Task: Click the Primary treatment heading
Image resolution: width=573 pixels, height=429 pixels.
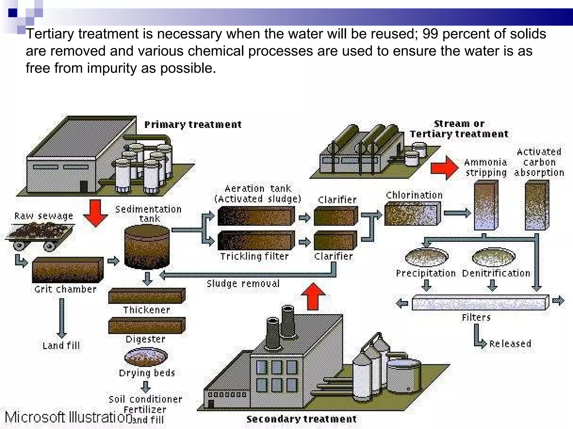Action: pos(193,125)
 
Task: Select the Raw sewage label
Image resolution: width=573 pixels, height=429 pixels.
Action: pos(44,216)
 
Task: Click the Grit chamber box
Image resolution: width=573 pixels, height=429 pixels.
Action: pos(67,270)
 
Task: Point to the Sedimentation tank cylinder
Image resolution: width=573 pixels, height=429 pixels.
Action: pos(147,247)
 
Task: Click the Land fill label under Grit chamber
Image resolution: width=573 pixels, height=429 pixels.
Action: pos(61,346)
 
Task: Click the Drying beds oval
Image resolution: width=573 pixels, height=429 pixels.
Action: pos(146,357)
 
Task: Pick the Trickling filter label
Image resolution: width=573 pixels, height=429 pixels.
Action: pos(254,256)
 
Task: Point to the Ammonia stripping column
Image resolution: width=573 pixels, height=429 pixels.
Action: pos(486,206)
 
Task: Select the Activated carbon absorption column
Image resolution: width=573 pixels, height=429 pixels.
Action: pos(537,206)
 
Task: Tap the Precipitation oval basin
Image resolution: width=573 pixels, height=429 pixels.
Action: pos(426,257)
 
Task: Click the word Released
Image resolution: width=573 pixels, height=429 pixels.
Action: pos(510,344)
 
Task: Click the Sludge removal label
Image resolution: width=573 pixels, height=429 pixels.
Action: pos(243,284)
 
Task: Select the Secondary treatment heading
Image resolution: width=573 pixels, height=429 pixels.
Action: pos(301,419)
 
